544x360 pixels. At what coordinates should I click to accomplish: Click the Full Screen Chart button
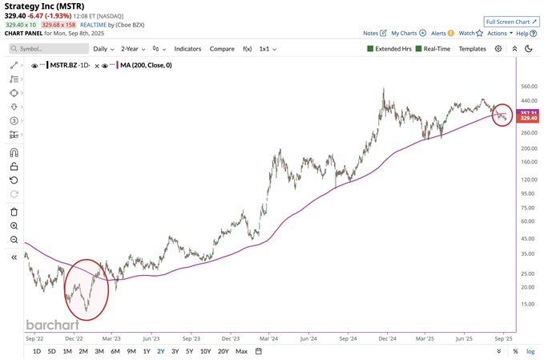pos(512,22)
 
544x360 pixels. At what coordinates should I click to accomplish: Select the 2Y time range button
pos(160,351)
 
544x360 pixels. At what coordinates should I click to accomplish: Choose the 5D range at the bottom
pos(51,351)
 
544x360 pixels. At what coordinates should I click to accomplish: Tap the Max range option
pos(241,351)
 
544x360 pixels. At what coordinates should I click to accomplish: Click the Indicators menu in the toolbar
pos(187,49)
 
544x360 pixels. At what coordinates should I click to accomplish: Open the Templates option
pos(472,49)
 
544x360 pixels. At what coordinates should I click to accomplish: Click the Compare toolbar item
pos(222,49)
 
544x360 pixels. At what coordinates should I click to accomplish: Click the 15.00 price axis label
pos(527,304)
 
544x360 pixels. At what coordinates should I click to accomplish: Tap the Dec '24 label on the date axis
pos(388,338)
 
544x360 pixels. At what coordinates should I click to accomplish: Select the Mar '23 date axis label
pos(111,338)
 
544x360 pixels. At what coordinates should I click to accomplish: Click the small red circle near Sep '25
pos(502,116)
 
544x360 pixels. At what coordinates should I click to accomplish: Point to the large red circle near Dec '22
pos(86,289)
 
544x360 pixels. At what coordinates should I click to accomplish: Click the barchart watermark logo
pos(53,325)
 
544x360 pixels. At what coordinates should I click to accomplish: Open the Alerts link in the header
pos(441,34)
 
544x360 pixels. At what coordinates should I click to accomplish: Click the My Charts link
pos(408,34)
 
